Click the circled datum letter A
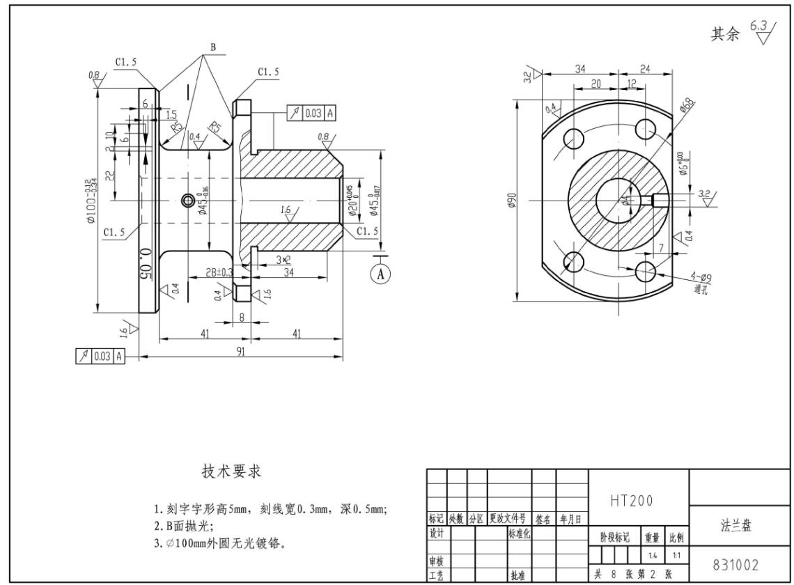click(380, 274)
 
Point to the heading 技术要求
click(232, 471)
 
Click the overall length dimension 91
click(240, 352)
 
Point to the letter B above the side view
click(213, 48)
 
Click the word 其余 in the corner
click(725, 34)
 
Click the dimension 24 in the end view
click(645, 68)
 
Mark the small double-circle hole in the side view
click(187, 201)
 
